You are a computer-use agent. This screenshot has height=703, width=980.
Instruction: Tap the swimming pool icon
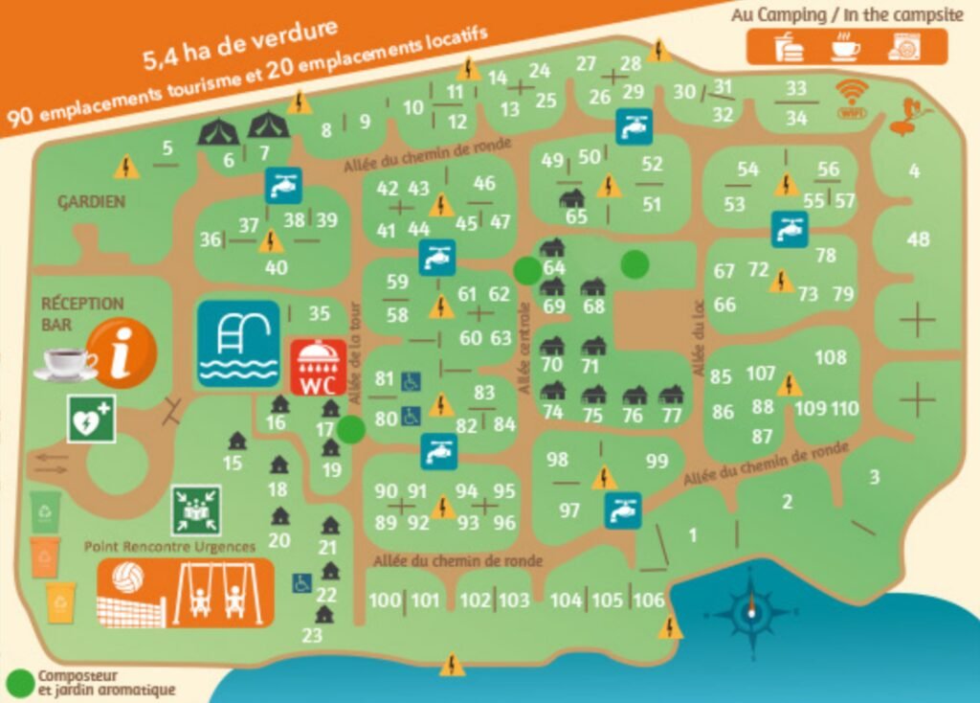click(x=238, y=344)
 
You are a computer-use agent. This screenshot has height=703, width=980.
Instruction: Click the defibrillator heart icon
click(x=92, y=420)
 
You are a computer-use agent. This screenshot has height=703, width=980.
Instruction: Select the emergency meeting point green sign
click(x=196, y=510)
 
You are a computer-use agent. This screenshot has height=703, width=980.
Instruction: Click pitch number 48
click(x=918, y=238)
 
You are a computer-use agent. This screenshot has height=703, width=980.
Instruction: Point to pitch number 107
click(x=761, y=373)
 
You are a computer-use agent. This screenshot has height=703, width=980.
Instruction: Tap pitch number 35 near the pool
click(x=319, y=313)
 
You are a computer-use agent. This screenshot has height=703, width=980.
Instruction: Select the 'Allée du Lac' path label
click(x=697, y=340)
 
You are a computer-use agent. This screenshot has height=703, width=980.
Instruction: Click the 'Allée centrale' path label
click(x=523, y=349)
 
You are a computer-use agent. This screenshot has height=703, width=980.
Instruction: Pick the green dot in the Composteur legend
click(x=19, y=683)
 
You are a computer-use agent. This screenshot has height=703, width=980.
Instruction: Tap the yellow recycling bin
click(x=61, y=602)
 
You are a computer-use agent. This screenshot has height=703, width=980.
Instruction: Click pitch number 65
click(x=576, y=216)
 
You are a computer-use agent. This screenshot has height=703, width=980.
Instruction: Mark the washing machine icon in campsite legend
click(x=902, y=47)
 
